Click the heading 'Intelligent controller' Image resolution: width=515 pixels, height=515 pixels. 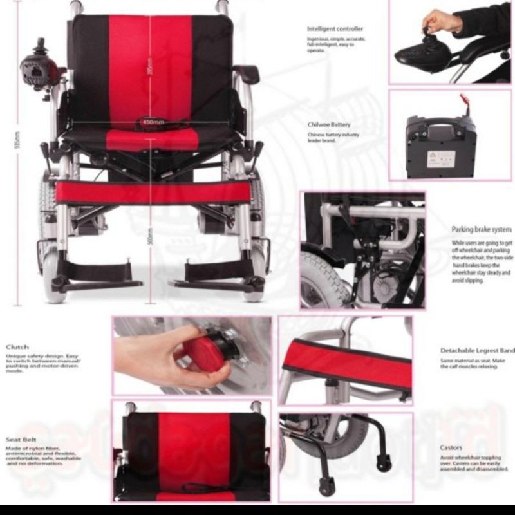pos(335,29)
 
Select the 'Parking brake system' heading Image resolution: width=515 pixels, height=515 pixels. pos(481,229)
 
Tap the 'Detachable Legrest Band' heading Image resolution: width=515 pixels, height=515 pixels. pos(477,351)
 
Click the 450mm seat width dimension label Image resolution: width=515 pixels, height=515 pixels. pos(152,121)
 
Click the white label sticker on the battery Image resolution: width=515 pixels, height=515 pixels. pos(441,157)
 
